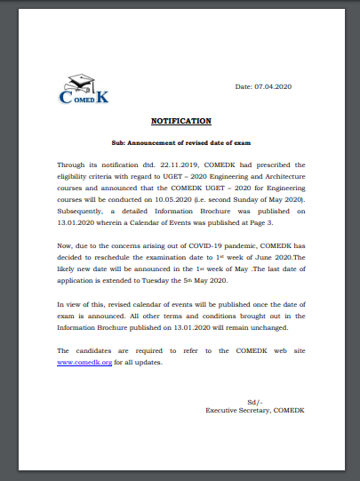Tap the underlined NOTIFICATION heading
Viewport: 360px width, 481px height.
tap(180, 119)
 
